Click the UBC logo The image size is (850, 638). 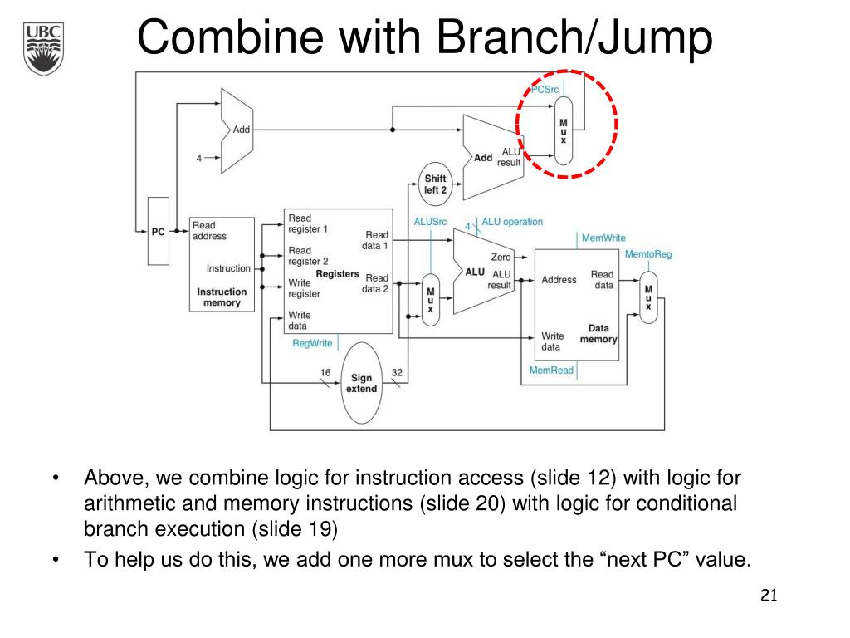(44, 48)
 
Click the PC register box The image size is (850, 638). (158, 231)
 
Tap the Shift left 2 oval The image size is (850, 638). (435, 184)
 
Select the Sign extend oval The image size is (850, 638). (361, 383)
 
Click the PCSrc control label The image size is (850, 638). (545, 90)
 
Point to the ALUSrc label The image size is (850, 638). (430, 222)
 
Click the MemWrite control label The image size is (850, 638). (603, 238)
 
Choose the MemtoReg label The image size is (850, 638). (647, 253)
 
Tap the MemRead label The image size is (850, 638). (551, 370)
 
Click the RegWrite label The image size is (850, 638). (312, 343)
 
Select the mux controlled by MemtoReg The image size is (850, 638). (648, 300)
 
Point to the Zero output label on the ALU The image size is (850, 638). (501, 258)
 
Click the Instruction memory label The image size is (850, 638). (222, 297)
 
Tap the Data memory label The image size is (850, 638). (598, 333)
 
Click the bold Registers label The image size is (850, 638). (337, 273)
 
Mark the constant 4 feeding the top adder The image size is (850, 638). (199, 158)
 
